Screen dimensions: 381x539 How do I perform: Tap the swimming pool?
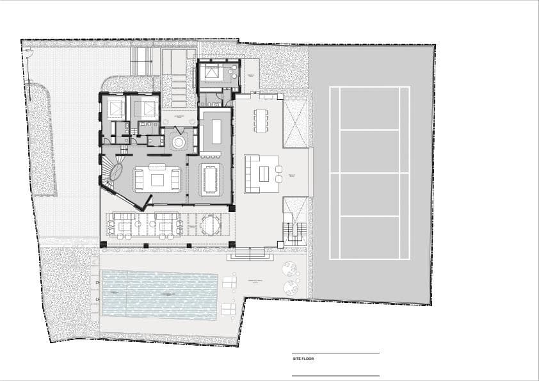coord(160,293)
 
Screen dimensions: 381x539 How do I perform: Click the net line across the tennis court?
coord(369,173)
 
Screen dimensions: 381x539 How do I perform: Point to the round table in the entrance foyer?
coord(178,140)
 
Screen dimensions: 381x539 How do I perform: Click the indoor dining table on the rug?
coord(210,179)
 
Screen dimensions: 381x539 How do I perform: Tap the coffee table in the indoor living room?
coord(157,179)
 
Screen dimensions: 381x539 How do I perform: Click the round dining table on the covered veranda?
coord(209,225)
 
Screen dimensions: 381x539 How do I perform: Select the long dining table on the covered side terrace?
coord(261,120)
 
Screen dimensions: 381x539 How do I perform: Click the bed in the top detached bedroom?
coord(211,72)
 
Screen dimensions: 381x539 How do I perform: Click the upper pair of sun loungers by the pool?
coord(229,282)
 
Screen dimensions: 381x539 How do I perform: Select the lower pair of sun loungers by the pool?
coord(229,309)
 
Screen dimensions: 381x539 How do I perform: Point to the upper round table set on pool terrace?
coord(289,268)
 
